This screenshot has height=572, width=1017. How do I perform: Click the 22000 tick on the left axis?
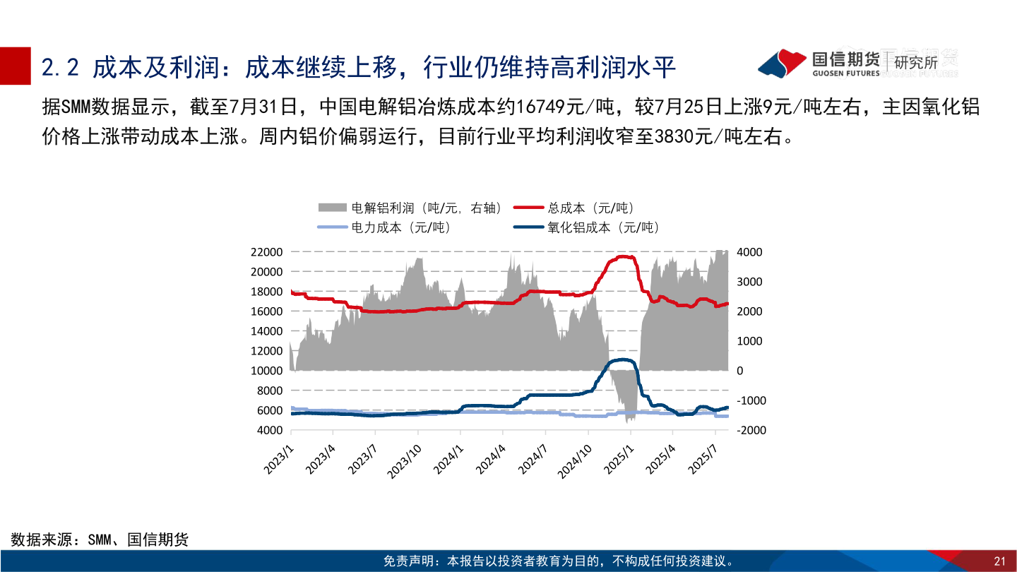pyautogui.click(x=268, y=252)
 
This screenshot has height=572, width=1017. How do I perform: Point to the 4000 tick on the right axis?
pyautogui.click(x=749, y=252)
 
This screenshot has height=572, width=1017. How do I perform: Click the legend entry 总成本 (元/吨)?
pyautogui.click(x=590, y=208)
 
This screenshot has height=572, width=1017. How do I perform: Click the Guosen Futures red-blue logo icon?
pyautogui.click(x=782, y=62)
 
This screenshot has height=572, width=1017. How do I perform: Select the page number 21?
pyautogui.click(x=999, y=561)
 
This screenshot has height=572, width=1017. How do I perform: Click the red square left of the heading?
pyautogui.click(x=16, y=65)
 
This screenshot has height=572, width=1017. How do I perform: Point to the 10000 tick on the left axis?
pyautogui.click(x=268, y=371)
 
